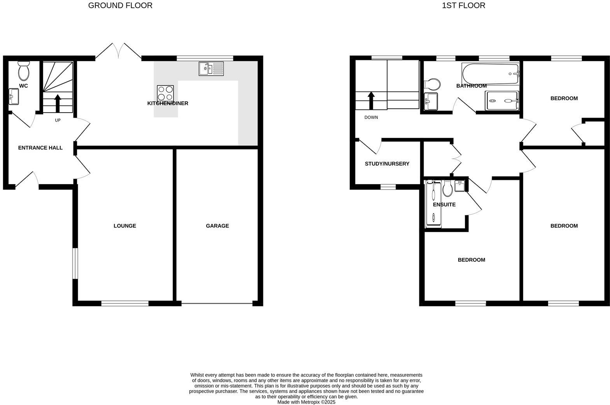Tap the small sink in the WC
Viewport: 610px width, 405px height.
coord(14,97)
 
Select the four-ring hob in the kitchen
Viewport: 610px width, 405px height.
coord(165,93)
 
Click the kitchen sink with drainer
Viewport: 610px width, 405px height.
coord(211,69)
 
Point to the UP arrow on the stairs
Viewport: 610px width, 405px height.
coord(58,103)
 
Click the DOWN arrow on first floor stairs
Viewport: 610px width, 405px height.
coord(371,100)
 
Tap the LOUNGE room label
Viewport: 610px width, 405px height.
coord(124,226)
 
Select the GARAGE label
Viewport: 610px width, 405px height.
coord(217,226)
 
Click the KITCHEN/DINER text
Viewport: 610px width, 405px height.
coord(168,104)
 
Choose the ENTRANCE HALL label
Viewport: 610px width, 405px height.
coord(40,148)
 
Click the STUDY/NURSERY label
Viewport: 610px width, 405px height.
coord(387,164)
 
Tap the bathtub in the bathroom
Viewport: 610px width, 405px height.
coord(491,74)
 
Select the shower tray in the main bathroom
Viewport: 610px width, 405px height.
coord(502,101)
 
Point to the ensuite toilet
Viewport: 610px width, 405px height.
coord(447,188)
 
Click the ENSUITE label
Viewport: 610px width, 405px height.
coord(444,205)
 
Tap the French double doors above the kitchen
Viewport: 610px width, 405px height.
coord(118,51)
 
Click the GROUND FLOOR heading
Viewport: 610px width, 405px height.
coord(120,5)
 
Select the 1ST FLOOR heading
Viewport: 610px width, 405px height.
coord(463,5)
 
